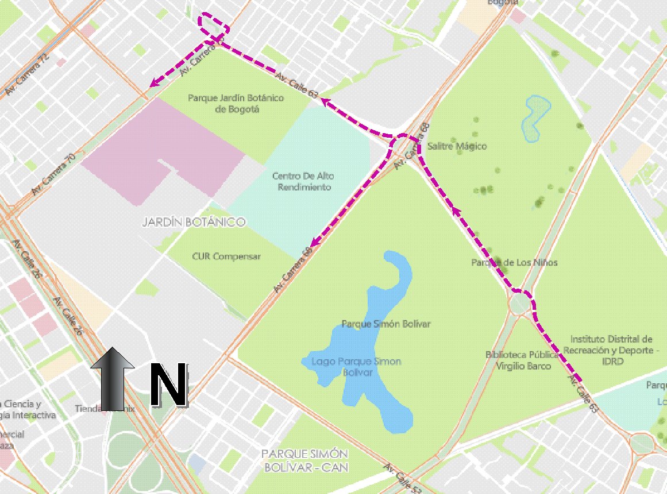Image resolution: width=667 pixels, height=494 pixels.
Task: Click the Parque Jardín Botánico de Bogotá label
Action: point(236,104)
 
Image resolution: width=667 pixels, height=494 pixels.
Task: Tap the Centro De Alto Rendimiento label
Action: point(303,181)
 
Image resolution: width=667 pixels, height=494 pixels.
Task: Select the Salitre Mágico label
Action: point(457,146)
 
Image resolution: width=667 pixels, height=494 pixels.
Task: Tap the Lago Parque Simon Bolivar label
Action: point(356,367)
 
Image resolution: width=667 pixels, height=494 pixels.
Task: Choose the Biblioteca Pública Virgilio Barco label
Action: point(518,360)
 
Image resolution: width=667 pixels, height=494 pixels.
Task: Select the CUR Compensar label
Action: point(226,256)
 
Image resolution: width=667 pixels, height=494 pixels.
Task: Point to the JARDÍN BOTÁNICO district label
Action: point(194,222)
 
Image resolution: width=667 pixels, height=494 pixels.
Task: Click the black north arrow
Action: point(113,379)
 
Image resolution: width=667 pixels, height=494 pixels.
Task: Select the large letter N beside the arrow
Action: point(169,386)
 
